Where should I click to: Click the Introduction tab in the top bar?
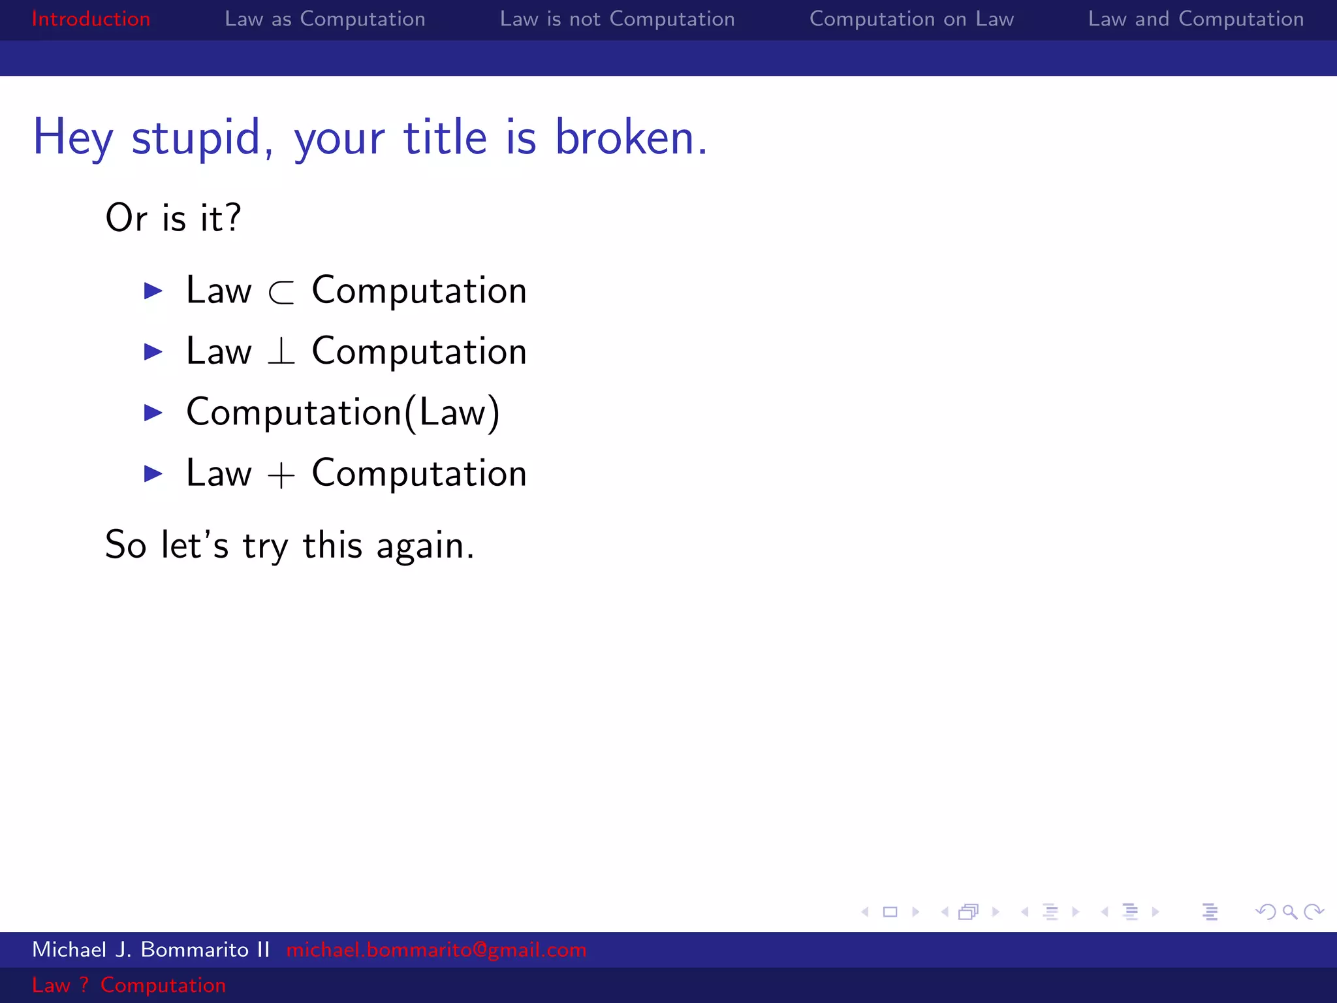coord(91,19)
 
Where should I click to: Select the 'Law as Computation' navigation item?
coord(324,19)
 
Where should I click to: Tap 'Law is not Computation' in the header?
coord(617,19)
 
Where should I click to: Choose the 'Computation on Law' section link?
coord(911,19)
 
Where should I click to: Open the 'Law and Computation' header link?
coord(1195,19)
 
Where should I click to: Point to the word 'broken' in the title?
coord(624,138)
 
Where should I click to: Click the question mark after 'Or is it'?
coord(232,217)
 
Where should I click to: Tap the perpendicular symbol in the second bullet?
coord(281,352)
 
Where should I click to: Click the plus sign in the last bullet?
coord(281,475)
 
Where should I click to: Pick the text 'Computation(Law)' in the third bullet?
coord(343,413)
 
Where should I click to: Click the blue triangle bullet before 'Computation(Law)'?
coord(153,413)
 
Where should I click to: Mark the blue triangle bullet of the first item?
coord(153,291)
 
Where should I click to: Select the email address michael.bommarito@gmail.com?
coord(436,949)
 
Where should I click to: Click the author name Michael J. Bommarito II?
coord(151,949)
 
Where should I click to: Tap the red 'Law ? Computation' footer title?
coord(129,985)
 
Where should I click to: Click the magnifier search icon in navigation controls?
coord(1289,912)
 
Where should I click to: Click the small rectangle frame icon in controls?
coord(890,912)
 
